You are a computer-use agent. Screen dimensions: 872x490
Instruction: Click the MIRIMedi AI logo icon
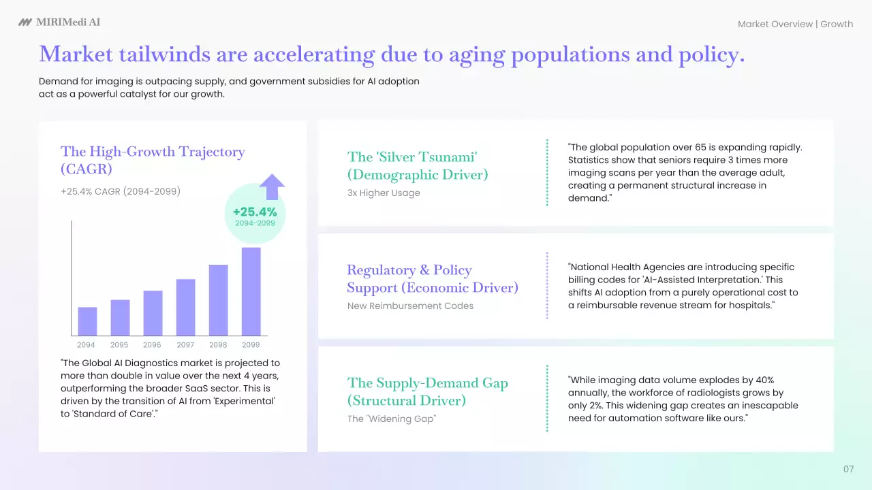(x=25, y=22)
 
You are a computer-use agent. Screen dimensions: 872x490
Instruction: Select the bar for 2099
(x=251, y=291)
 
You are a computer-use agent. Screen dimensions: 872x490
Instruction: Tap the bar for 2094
(x=87, y=321)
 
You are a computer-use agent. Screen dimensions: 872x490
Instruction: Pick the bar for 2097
(x=186, y=307)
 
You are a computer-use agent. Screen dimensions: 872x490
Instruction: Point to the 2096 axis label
(x=152, y=345)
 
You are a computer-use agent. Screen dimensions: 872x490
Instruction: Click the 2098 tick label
(x=218, y=345)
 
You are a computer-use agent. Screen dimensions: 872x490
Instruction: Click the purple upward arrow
(x=272, y=186)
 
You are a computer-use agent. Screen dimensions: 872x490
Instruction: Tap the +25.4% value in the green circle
(x=255, y=212)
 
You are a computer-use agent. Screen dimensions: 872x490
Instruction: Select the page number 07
(x=849, y=469)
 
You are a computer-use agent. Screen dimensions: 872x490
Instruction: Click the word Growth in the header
(x=837, y=24)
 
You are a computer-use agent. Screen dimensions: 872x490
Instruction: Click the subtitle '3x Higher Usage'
(x=384, y=193)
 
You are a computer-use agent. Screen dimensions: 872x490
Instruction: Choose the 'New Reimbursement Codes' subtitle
(x=410, y=306)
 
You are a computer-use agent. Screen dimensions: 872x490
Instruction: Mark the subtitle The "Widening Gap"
(x=392, y=419)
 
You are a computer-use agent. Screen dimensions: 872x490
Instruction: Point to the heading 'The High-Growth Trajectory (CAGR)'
(x=153, y=160)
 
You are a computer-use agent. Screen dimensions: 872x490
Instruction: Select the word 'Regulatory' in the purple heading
(x=381, y=270)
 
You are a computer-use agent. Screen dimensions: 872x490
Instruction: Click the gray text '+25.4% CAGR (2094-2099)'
(x=121, y=191)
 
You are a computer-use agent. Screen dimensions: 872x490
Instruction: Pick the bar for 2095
(x=121, y=318)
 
